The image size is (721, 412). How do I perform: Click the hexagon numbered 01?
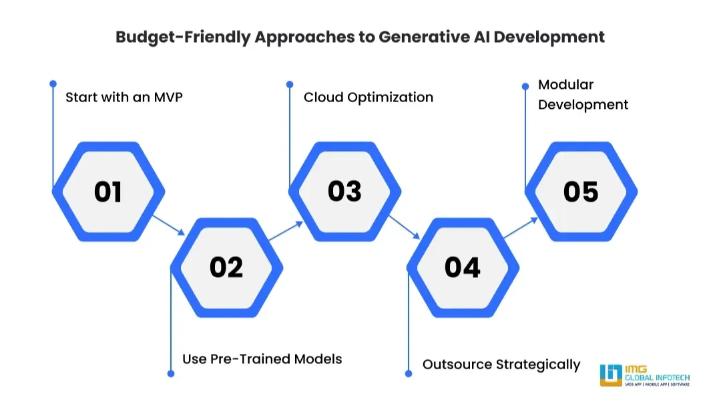pyautogui.click(x=108, y=192)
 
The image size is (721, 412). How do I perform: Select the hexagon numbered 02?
pyautogui.click(x=226, y=267)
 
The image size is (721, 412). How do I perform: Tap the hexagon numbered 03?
pyautogui.click(x=344, y=192)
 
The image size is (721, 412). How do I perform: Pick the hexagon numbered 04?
pyautogui.click(x=463, y=267)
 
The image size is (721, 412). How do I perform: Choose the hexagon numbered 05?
pyautogui.click(x=581, y=192)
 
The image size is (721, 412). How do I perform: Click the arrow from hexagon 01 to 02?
pyautogui.click(x=168, y=225)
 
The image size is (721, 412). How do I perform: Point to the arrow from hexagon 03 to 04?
pyautogui.click(x=404, y=226)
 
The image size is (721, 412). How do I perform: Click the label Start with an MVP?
pyautogui.click(x=124, y=97)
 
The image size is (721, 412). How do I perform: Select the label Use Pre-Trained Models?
pyautogui.click(x=262, y=359)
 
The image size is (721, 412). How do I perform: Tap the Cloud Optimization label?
pyautogui.click(x=369, y=97)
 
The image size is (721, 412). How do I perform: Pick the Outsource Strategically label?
pyautogui.click(x=501, y=365)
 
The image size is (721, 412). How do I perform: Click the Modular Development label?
pyautogui.click(x=583, y=95)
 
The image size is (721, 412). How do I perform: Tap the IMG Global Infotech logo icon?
pyautogui.click(x=610, y=375)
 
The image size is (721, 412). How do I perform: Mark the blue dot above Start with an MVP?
pyautogui.click(x=53, y=83)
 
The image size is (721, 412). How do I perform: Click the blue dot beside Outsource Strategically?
pyautogui.click(x=409, y=373)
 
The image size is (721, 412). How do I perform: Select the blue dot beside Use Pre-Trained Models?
pyautogui.click(x=172, y=373)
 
